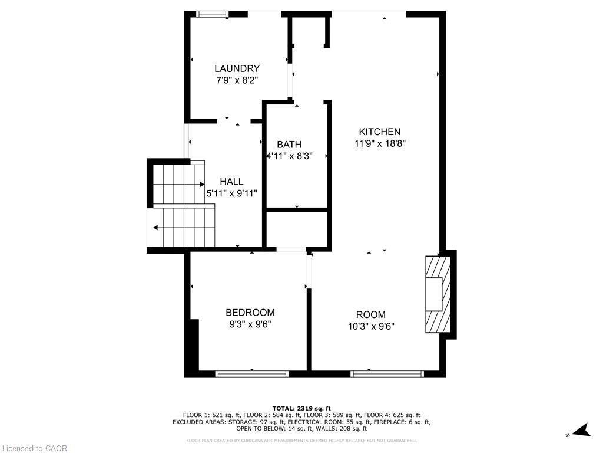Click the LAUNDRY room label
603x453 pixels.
click(x=237, y=68)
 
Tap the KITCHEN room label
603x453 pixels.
click(x=380, y=132)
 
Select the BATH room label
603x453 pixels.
click(x=289, y=145)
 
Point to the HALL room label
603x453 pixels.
click(x=231, y=182)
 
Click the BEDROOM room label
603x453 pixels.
click(x=250, y=313)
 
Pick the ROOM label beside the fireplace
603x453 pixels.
click(x=371, y=314)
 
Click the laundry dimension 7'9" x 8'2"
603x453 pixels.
click(x=237, y=80)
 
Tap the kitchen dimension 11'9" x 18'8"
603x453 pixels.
click(x=380, y=144)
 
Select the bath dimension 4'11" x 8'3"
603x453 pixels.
click(x=290, y=156)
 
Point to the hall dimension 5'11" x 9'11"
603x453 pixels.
click(x=231, y=193)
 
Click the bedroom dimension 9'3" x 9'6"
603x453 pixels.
click(x=250, y=324)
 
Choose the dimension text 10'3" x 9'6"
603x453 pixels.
click(x=371, y=326)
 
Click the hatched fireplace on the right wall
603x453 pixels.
click(x=438, y=294)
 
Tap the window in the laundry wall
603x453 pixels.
click(x=212, y=14)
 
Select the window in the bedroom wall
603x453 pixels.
click(x=252, y=373)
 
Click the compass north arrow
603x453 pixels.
click(x=583, y=430)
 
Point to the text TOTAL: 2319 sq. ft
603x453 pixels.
click(x=301, y=408)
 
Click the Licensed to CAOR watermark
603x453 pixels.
click(x=34, y=448)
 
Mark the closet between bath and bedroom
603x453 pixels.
click(x=297, y=229)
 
